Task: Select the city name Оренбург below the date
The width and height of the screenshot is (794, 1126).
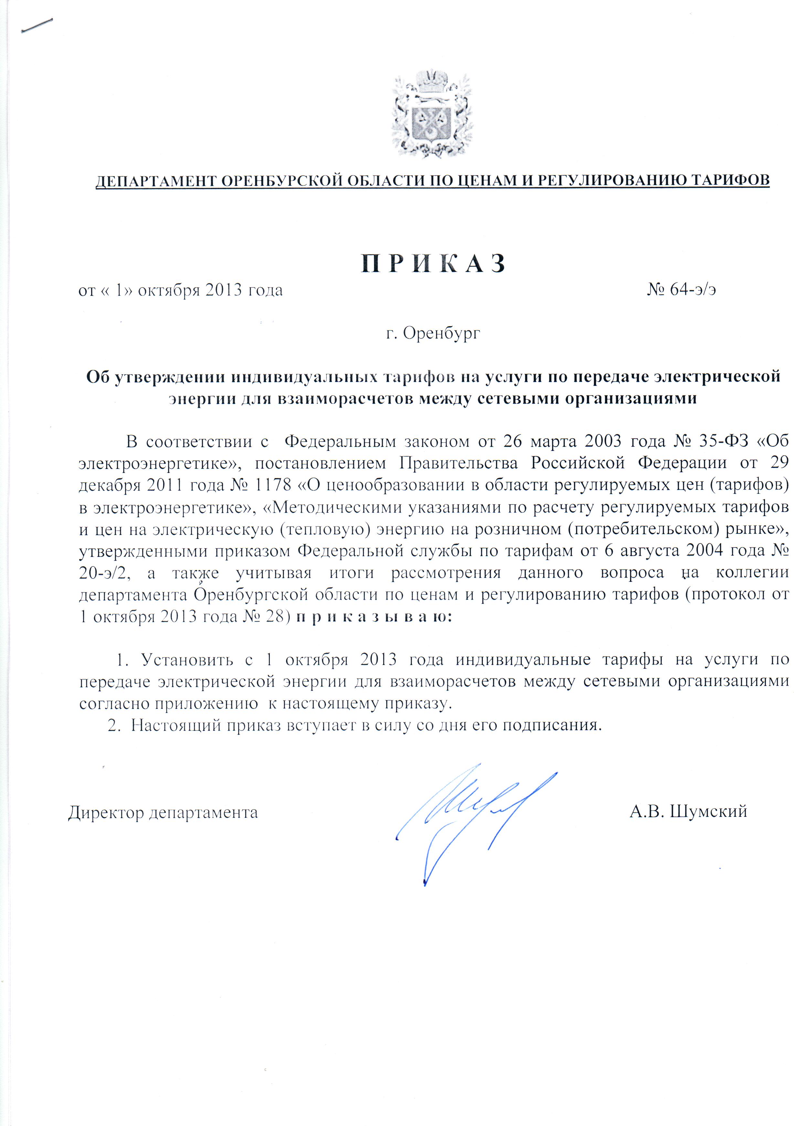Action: click(441, 334)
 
